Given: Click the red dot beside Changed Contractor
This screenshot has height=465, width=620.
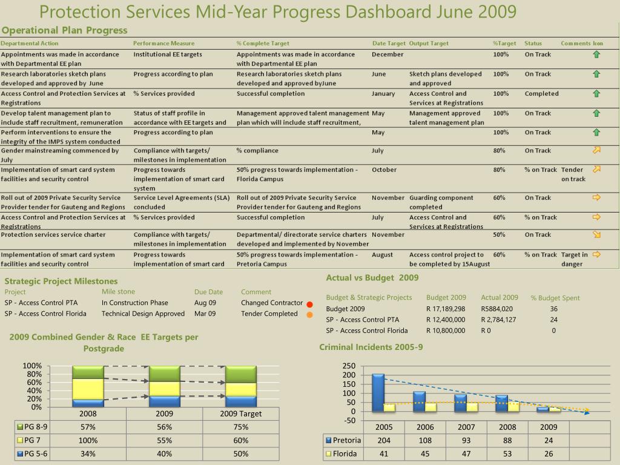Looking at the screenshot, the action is pos(309,305).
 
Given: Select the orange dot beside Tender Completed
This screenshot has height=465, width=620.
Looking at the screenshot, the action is pos(309,315).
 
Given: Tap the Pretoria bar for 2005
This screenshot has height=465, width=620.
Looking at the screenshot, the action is pos(378,392).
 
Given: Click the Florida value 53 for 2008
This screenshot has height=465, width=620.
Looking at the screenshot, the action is pos(507,454).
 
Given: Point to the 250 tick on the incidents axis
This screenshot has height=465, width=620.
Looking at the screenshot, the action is pos(349,366).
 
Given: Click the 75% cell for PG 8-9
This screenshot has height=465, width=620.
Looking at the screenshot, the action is pos(241,427).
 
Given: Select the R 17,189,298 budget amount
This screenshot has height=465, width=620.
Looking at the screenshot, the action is pos(446,309).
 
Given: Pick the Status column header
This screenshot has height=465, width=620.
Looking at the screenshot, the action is pos(533,44).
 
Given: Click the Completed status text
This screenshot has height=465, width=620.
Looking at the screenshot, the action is pos(542,94).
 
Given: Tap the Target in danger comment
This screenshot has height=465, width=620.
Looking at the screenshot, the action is pos(575,259).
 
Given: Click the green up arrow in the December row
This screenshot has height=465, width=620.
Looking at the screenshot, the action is pos(596,54).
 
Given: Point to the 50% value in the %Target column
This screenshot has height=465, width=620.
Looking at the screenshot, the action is pos(499,235).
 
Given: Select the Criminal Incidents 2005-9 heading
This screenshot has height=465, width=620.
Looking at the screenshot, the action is pos(371,347).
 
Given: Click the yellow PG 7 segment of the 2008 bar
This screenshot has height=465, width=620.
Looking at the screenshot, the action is pos(88,389).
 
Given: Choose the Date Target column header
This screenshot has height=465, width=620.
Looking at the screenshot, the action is pos(389,44).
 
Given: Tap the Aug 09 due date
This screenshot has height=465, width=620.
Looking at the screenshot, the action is pos(205,303).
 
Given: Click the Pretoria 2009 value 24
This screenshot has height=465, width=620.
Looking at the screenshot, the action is pos(549,441).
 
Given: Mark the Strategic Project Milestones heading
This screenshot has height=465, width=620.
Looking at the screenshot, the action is pos(61,281).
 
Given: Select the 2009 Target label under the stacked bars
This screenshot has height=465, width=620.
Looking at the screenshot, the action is pos(241,414).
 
